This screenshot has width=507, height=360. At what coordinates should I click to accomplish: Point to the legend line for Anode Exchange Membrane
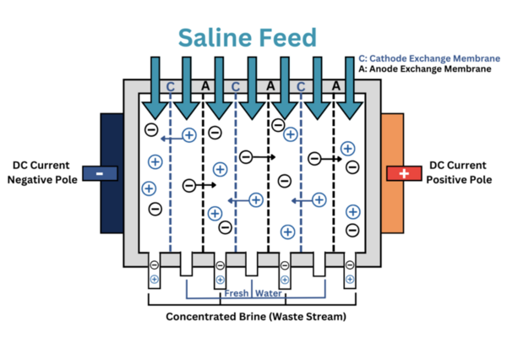click(424, 68)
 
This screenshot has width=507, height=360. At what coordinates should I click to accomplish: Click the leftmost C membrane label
click(171, 86)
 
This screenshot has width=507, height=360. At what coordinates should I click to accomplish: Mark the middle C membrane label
click(236, 86)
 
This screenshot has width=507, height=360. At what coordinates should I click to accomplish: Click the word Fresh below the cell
click(237, 294)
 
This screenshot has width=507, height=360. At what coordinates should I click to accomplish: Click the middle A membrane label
click(270, 86)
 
